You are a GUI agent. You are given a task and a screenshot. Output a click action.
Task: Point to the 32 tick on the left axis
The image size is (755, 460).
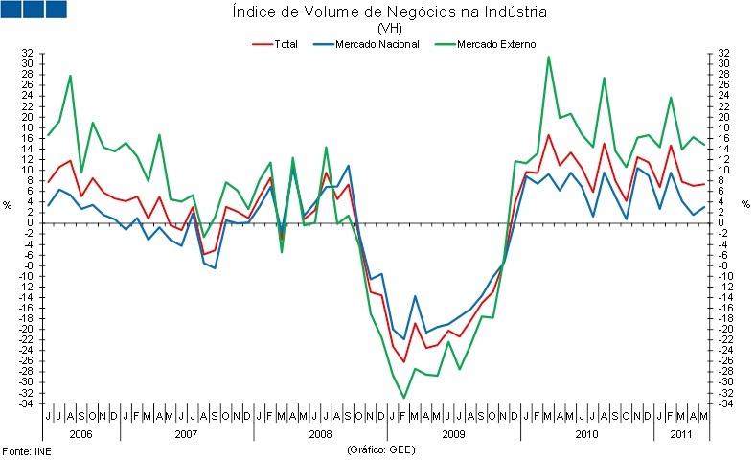(28, 53)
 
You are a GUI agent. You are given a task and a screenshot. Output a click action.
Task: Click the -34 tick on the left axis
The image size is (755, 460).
(27, 403)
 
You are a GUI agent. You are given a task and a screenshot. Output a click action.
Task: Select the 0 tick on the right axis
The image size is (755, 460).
(723, 223)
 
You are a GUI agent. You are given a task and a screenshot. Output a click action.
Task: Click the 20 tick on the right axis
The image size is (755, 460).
(725, 117)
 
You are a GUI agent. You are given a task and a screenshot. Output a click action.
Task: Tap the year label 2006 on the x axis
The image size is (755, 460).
(81, 432)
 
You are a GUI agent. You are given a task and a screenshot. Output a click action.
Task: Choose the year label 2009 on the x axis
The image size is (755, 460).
(454, 432)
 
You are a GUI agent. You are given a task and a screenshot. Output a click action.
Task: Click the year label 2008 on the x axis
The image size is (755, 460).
(321, 432)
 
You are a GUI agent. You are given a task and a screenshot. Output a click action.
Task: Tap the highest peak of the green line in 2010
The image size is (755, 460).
(548, 56)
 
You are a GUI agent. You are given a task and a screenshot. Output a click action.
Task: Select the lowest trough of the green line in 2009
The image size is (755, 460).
(404, 398)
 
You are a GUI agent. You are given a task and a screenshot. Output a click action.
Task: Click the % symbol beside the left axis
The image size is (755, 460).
(7, 205)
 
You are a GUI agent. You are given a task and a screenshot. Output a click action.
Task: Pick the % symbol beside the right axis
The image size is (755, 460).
(745, 205)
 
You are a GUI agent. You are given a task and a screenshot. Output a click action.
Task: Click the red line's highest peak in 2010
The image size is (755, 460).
(549, 135)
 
